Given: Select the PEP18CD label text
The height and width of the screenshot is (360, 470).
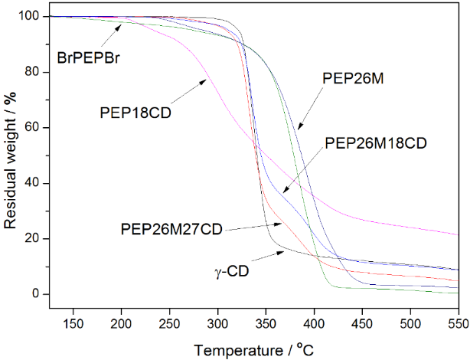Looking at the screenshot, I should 135,112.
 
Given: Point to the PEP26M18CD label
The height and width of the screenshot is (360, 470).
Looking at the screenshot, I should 375,142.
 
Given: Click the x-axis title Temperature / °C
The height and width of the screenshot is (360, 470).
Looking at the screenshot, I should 253,349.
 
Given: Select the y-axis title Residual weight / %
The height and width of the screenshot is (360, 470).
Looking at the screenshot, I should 11,157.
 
